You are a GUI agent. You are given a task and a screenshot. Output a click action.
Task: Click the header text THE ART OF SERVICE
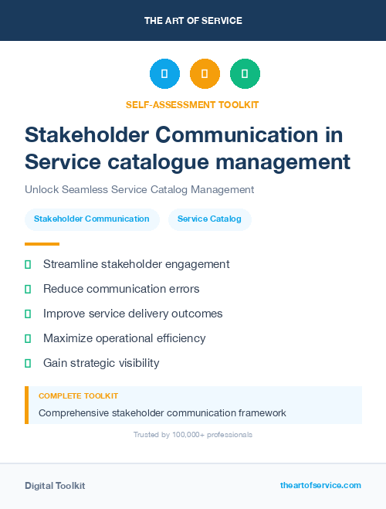193,21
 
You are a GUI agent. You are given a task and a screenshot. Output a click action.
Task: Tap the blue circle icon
164,74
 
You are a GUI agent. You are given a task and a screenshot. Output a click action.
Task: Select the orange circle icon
205,74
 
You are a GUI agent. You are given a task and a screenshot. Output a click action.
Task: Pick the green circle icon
245,74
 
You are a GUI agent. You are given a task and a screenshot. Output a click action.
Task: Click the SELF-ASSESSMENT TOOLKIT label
193,104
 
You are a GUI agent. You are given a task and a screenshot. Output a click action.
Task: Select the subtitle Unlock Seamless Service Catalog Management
140,189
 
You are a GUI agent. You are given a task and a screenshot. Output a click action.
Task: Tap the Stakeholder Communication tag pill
92,219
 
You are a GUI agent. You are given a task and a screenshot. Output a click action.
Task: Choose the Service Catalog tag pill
209,219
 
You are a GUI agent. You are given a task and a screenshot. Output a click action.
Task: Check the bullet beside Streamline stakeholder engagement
28,264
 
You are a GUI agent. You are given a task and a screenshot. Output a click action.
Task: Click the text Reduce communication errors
121,289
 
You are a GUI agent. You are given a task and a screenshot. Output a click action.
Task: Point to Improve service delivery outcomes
133,314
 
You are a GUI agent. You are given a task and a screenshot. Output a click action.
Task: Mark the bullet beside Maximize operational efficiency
28,338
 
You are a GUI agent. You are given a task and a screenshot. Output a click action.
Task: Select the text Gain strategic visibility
101,363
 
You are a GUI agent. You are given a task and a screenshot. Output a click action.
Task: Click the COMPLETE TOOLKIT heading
78,396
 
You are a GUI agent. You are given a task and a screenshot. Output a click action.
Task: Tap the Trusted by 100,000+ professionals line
193,435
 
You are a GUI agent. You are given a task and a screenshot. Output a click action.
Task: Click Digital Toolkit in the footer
55,486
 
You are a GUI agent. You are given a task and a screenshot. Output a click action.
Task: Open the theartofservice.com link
320,485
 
